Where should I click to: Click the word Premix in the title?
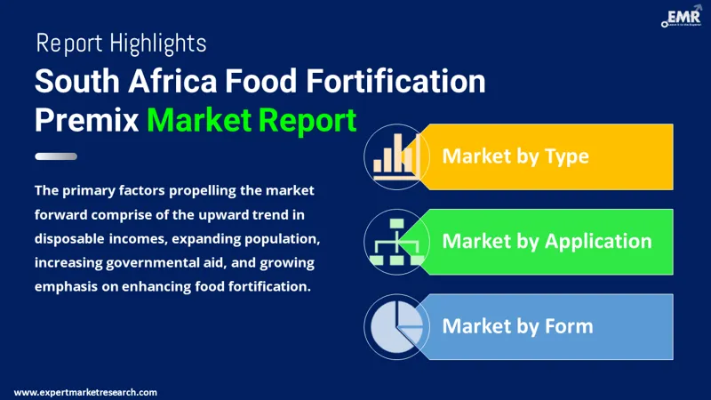click(85, 120)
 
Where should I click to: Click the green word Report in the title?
click(311, 120)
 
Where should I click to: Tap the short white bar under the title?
click(56, 156)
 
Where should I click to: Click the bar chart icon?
click(395, 157)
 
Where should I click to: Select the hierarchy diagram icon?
click(395, 241)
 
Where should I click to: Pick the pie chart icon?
click(395, 325)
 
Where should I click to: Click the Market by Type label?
click(515, 156)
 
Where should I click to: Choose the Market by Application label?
click(547, 241)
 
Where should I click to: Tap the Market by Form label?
click(517, 325)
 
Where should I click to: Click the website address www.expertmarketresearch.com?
click(86, 392)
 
